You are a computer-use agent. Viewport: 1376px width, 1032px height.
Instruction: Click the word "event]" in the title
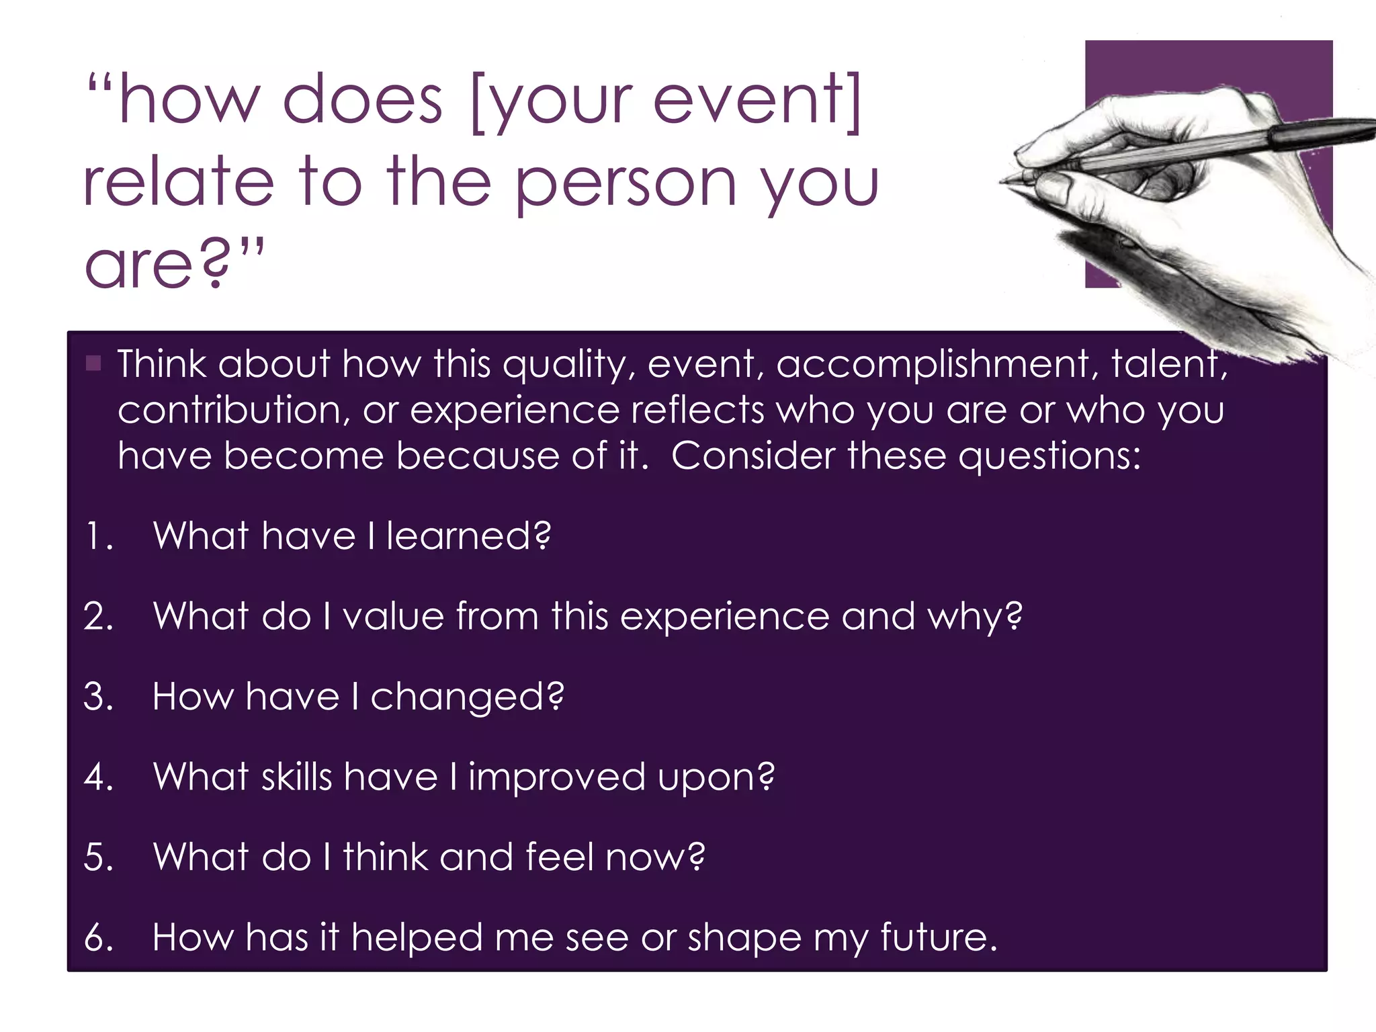(757, 101)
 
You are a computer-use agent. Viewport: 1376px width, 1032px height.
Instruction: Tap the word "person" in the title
(626, 184)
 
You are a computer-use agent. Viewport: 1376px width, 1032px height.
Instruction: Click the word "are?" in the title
(159, 265)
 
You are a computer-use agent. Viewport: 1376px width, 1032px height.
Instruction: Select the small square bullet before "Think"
(93, 364)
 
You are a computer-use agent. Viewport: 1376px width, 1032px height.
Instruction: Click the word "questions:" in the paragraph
(1049, 456)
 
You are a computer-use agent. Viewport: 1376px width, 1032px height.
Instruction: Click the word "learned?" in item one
(468, 537)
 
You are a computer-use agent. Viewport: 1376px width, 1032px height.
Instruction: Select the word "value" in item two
(393, 617)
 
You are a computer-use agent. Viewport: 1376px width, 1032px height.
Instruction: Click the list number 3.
(98, 697)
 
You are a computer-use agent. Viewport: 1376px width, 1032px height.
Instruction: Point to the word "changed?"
(468, 697)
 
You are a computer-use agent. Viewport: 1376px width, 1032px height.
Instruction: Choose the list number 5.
(98, 858)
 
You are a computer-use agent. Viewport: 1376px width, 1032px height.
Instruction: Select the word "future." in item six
(939, 938)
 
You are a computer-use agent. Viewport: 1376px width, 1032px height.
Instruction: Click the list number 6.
(98, 938)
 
